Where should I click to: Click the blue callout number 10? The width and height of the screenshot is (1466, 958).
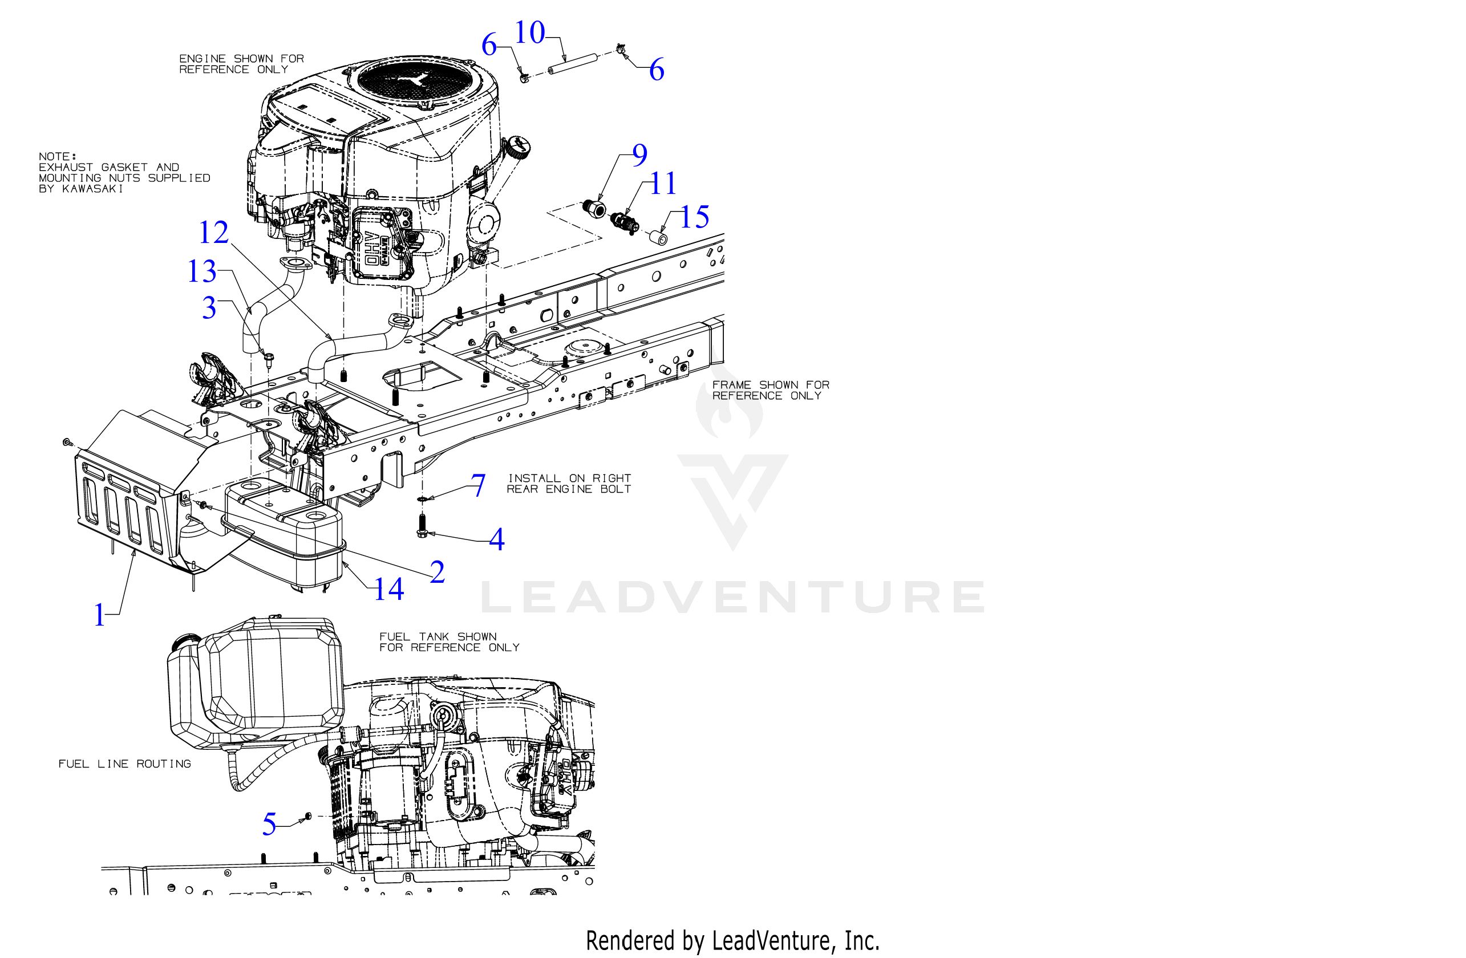529,33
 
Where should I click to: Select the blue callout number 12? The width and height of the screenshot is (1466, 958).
214,233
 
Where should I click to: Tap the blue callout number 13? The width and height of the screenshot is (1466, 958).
202,271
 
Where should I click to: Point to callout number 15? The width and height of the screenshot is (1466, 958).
695,217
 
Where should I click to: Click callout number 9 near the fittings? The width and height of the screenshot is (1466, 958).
640,155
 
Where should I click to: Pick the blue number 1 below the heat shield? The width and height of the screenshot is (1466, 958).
100,615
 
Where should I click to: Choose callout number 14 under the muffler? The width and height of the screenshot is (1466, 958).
389,589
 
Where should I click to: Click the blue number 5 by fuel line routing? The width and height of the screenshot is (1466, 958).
269,825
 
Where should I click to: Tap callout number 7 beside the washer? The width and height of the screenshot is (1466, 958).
478,485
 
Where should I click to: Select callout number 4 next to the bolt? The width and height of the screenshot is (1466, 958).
496,540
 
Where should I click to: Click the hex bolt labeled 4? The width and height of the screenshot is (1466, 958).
422,525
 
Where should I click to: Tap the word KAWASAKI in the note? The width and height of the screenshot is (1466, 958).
92,189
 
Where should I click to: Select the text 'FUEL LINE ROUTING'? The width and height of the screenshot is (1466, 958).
124,764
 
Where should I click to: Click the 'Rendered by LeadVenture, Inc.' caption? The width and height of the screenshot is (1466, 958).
732,941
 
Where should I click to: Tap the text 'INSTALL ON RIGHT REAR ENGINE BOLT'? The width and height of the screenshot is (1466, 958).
569,484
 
